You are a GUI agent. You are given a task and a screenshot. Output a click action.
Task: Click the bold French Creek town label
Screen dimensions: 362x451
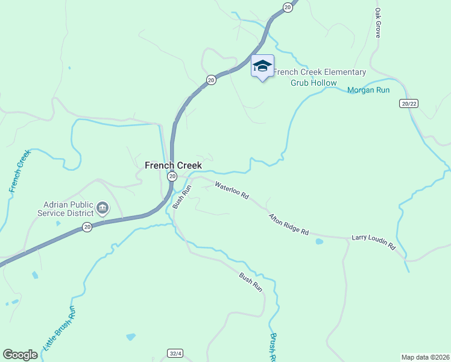click(173, 165)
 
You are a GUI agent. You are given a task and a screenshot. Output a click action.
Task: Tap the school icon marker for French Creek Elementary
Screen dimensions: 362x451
click(262, 66)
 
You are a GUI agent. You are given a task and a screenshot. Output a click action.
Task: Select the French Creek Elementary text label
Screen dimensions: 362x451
click(320, 72)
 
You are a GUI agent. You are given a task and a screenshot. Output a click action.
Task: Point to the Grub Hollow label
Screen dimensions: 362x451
click(311, 83)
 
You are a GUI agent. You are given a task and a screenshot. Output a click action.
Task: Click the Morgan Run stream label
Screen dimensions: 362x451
click(368, 91)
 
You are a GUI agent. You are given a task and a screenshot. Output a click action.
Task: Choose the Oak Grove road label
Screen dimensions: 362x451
click(378, 23)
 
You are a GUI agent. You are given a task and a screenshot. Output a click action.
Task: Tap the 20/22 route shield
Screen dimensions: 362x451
click(409, 104)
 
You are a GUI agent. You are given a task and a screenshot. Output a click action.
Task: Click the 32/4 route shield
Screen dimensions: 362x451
click(173, 353)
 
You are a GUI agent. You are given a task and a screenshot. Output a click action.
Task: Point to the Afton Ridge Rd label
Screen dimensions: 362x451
click(289, 224)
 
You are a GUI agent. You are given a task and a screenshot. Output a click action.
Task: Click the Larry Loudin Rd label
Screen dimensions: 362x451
click(373, 243)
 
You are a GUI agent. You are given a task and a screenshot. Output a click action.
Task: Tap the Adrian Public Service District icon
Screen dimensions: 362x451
click(102, 209)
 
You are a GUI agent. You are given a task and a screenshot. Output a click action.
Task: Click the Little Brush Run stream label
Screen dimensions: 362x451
click(60, 329)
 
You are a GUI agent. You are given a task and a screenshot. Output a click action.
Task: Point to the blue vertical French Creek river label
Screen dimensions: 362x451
click(19, 171)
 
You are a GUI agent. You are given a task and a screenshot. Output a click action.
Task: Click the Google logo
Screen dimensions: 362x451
click(20, 355)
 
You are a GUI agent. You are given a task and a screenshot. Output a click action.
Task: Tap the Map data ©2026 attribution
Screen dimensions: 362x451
click(426, 357)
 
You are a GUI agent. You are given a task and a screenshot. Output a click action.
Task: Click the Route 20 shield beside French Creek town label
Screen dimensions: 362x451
click(172, 176)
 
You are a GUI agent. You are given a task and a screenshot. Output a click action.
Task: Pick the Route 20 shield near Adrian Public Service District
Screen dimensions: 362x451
click(87, 227)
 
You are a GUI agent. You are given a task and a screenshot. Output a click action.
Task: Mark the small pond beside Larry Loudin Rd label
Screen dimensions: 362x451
click(319, 241)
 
